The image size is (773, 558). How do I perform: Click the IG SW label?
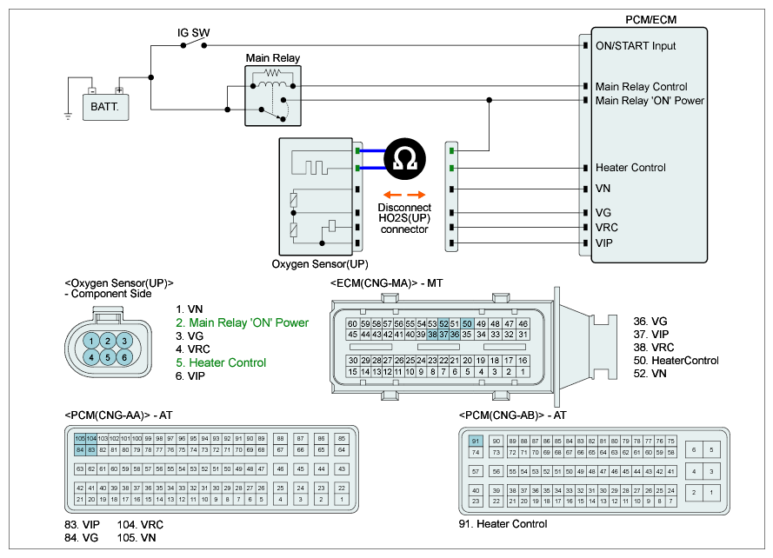pos(194,34)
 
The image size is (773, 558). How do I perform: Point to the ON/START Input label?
pos(635,45)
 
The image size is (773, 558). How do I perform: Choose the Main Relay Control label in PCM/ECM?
pos(641,86)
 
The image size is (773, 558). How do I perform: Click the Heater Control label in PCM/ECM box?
pos(630,168)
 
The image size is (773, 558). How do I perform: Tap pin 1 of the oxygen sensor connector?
pos(91,340)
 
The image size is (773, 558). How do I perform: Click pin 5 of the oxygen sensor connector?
pos(108,356)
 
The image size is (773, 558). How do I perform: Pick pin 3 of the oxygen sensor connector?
pos(124,340)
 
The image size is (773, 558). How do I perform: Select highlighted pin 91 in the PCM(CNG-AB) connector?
pos(476,442)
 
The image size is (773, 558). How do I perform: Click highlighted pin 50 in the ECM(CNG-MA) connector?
pos(467,323)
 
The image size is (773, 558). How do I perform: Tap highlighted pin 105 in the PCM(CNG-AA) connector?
pos(80,439)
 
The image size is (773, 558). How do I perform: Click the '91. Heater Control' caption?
pos(503,524)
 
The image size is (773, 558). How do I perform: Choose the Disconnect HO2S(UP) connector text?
pos(404,218)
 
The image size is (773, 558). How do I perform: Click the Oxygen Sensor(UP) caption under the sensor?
pos(319,263)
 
